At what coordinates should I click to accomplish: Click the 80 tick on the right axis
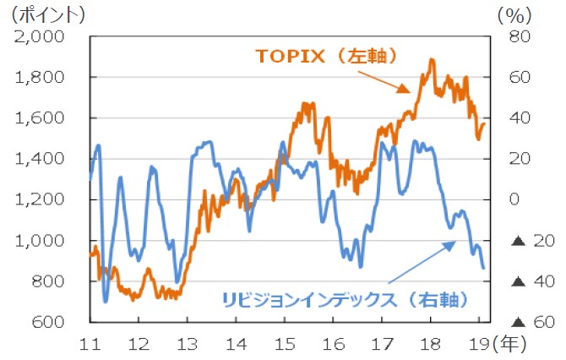click(x=520, y=36)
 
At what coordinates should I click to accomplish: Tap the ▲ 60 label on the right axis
click(x=525, y=322)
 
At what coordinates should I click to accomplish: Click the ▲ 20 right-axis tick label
click(x=525, y=241)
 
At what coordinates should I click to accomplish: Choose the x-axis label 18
click(x=431, y=343)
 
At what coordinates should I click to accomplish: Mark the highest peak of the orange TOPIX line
click(x=432, y=60)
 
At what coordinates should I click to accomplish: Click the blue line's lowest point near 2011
click(x=106, y=301)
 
